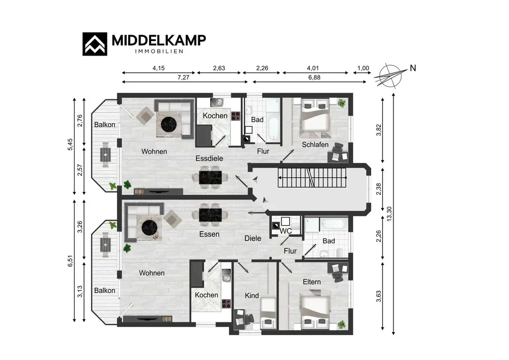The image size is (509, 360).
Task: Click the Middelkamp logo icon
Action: pos(95,44)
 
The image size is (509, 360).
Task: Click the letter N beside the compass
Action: pos(413,68)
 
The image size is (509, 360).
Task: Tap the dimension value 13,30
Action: pos(389,214)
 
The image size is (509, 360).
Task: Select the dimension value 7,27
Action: pos(183,77)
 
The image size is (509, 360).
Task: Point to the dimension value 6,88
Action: pos(314,77)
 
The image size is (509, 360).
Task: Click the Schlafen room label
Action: pos(315,145)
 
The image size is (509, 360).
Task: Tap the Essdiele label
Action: pos(209,158)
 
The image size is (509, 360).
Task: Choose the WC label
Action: pos(286,231)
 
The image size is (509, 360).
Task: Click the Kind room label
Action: pos(252,295)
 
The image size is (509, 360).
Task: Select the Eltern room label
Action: pos(312,282)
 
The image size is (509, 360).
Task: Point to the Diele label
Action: pos(253,238)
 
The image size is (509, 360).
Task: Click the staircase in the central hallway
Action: pos(313,178)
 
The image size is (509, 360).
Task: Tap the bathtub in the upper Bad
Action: pos(273,128)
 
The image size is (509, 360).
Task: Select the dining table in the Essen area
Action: pos(210,215)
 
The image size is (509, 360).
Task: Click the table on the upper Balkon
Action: pos(105,154)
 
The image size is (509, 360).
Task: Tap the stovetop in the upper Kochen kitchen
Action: pos(236,116)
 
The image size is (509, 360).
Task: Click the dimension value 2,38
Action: pos(379,189)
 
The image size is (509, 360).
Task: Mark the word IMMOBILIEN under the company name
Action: pos(159,51)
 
